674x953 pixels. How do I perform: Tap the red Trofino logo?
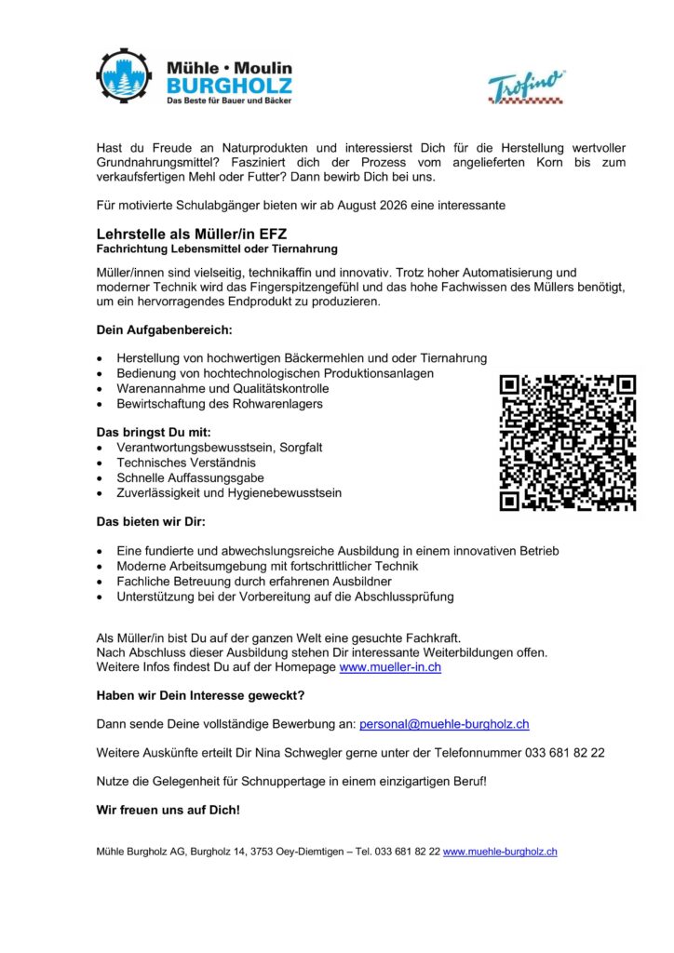tap(527, 87)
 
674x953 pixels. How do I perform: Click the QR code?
tap(568, 442)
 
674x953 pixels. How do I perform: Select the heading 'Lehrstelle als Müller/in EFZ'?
tap(185, 234)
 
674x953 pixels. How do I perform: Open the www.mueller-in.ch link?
tap(390, 667)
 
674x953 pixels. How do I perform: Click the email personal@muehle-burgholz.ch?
tap(444, 723)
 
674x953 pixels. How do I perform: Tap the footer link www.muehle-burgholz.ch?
tap(500, 852)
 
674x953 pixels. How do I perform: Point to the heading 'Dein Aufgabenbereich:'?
tap(164, 329)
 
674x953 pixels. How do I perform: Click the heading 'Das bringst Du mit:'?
tap(154, 432)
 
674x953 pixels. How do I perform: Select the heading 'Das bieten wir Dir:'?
tap(151, 521)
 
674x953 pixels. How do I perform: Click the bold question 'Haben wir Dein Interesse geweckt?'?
tap(200, 695)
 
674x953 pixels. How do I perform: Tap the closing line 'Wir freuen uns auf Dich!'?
tap(168, 810)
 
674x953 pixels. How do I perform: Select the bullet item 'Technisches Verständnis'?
tap(185, 463)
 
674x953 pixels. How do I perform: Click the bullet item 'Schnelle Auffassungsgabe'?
tap(190, 477)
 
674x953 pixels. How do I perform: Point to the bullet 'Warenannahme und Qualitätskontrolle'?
tap(222, 388)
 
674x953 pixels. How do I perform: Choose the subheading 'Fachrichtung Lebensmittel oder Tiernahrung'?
tap(217, 249)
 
